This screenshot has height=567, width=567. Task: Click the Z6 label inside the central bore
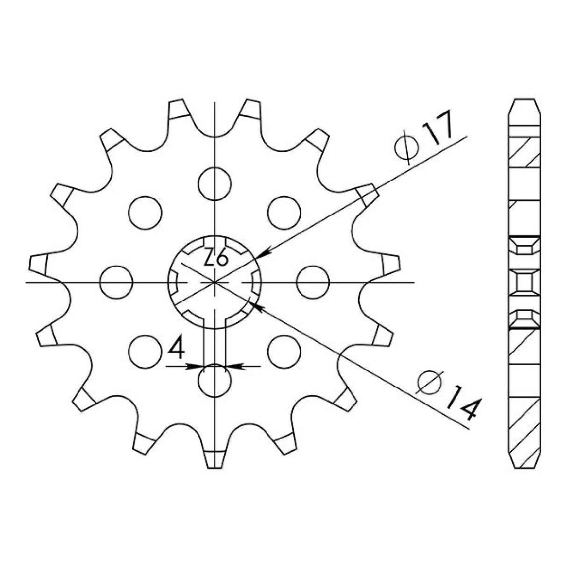[x=216, y=257]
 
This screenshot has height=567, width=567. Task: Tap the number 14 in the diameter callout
[x=462, y=403]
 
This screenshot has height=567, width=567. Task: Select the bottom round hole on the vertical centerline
[x=215, y=381]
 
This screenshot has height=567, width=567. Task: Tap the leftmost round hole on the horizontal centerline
[x=117, y=282]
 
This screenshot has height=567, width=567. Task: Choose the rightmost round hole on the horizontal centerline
[x=313, y=282]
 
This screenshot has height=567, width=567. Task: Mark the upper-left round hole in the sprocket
[x=145, y=212]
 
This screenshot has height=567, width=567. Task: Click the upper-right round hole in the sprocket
[x=284, y=212]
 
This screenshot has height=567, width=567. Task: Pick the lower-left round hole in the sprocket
[x=145, y=351]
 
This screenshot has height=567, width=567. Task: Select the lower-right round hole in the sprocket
[x=284, y=351]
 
